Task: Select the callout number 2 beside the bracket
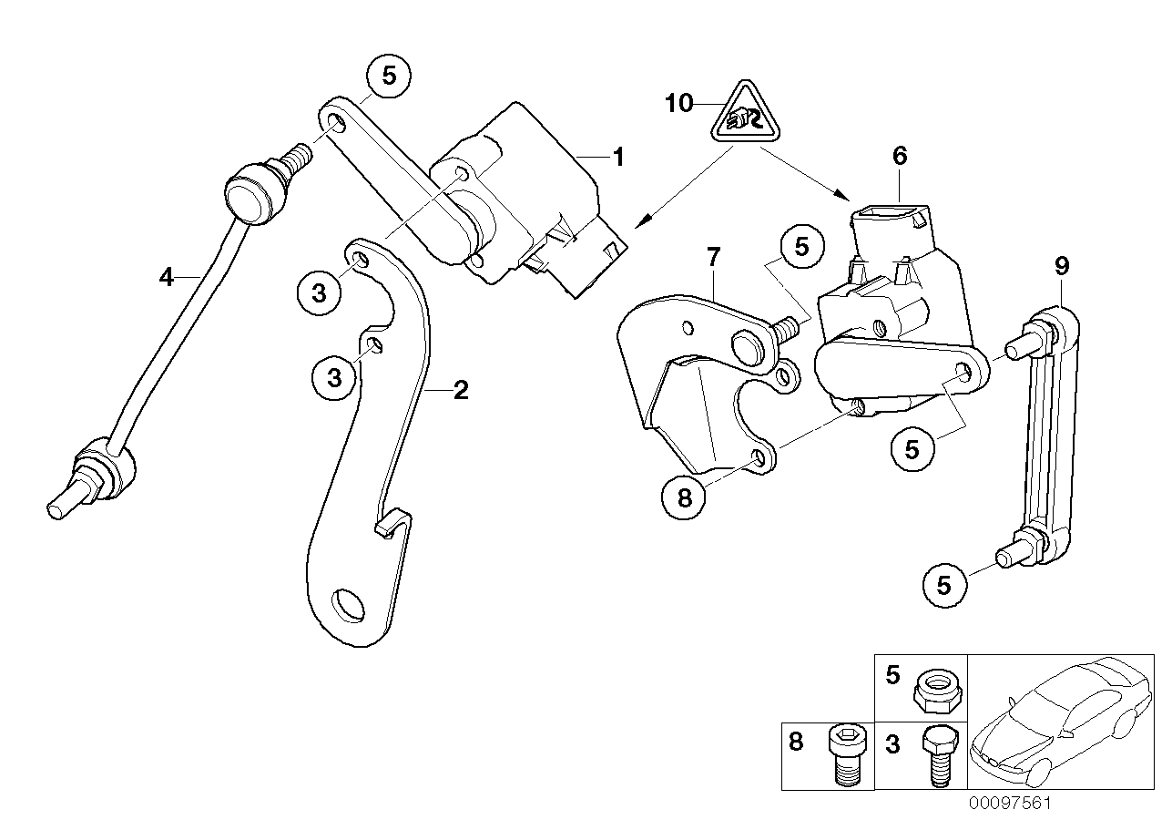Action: click(x=461, y=391)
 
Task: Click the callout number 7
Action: click(x=713, y=258)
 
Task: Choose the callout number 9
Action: click(x=1061, y=266)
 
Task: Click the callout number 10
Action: click(x=678, y=103)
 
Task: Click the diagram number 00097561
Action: click(x=1009, y=804)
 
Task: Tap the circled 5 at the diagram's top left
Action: click(x=389, y=77)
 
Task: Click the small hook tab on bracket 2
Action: click(x=393, y=526)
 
